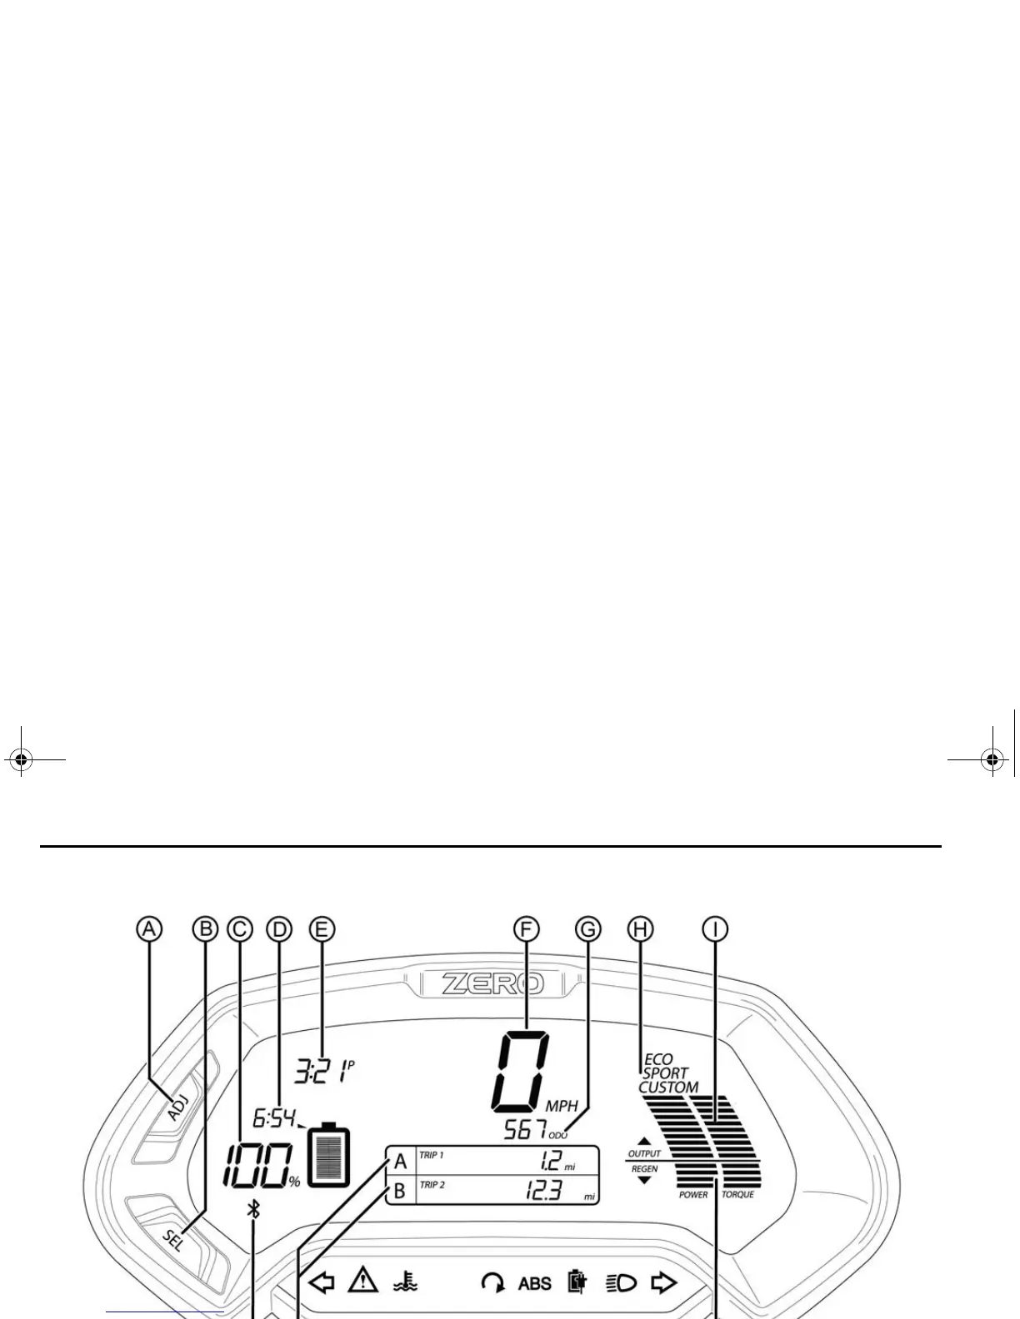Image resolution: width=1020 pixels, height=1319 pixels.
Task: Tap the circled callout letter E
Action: click(321, 928)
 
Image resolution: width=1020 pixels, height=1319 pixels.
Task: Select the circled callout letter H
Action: click(640, 928)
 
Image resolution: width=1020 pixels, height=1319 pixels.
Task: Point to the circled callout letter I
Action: click(715, 928)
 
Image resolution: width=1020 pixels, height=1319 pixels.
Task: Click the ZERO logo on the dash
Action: click(492, 983)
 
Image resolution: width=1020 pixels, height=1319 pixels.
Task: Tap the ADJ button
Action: click(178, 1107)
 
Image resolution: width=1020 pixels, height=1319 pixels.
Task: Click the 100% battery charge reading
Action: click(258, 1166)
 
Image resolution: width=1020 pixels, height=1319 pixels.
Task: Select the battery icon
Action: click(329, 1155)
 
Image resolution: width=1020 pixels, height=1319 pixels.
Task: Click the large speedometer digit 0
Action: click(522, 1071)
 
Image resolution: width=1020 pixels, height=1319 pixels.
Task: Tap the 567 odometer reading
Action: click(526, 1130)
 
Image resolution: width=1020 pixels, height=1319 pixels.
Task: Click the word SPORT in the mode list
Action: click(665, 1073)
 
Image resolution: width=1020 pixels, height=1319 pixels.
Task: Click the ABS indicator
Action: click(534, 1283)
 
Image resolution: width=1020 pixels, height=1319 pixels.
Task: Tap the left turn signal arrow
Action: click(322, 1282)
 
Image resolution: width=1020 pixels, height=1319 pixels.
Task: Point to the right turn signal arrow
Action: click(663, 1282)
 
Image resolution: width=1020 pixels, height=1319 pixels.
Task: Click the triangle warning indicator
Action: click(363, 1281)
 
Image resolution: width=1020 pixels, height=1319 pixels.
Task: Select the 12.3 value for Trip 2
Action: click(542, 1192)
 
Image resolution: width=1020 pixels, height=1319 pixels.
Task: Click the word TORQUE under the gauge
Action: click(737, 1195)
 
